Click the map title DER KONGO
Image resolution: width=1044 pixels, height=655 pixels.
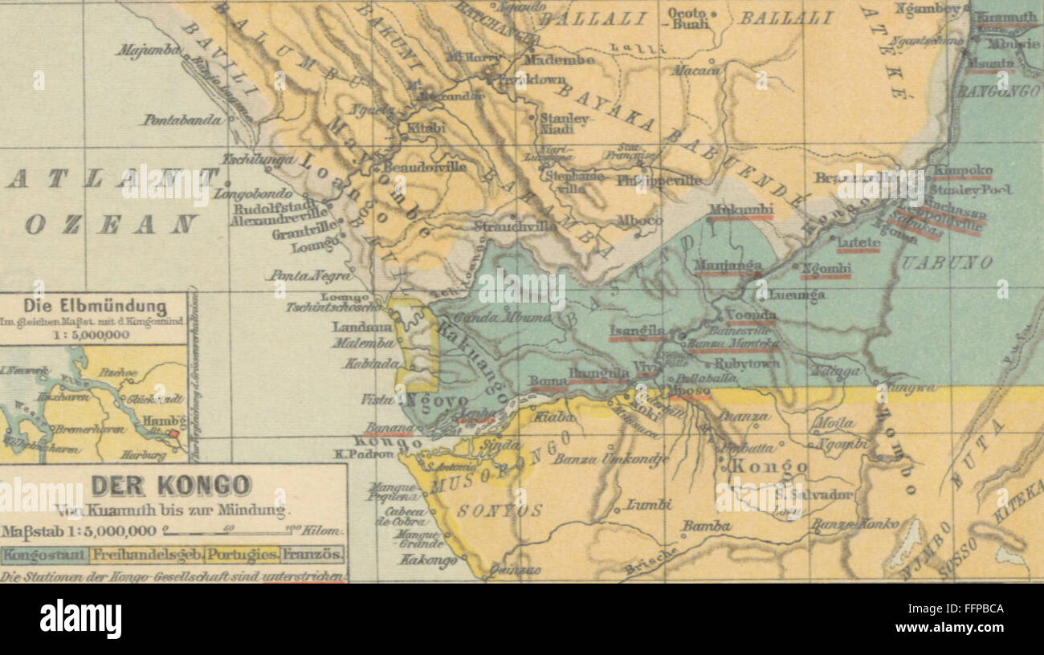170,486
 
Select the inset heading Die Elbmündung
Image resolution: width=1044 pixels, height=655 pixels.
95,307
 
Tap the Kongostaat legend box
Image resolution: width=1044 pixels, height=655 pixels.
44,554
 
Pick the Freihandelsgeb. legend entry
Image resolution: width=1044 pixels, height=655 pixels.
145,554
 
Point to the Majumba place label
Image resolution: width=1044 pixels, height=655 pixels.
148,51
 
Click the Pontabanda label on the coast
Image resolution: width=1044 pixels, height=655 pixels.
183,120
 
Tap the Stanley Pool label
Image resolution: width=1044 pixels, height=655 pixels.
970,190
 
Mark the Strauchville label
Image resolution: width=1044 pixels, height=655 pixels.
515,226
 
